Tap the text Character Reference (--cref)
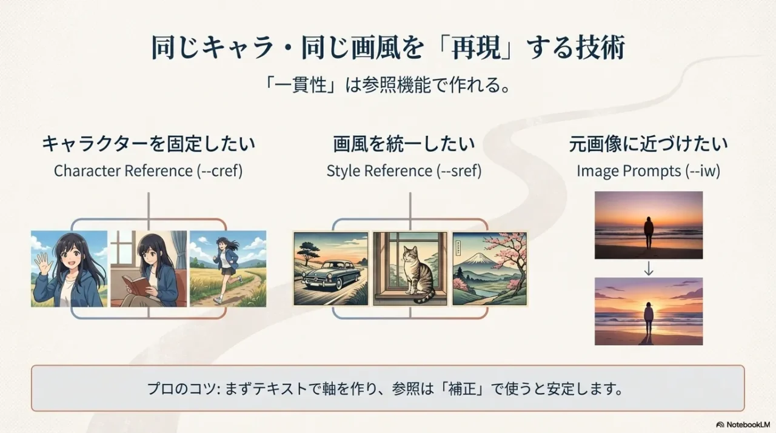148,171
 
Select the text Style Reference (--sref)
404,171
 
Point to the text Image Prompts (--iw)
648,171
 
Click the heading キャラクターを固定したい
148,144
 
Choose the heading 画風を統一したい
404,144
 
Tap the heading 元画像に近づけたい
648,144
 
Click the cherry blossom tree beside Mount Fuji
509,255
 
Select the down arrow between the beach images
649,269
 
